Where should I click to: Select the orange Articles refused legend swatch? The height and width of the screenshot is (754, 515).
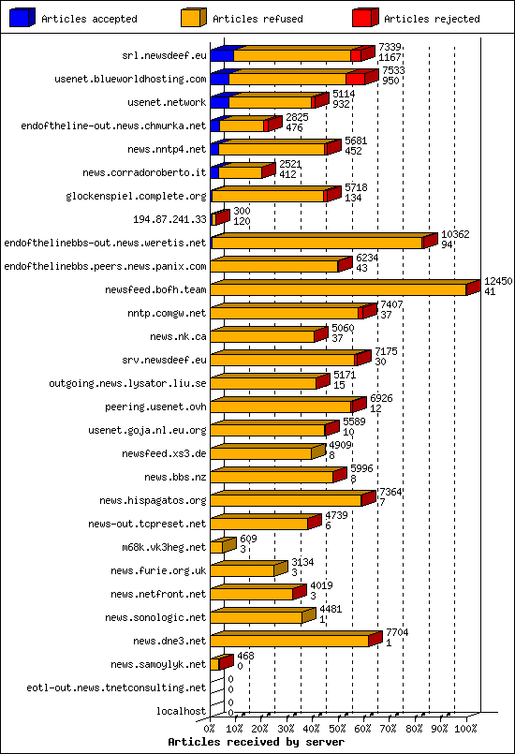pos(193,18)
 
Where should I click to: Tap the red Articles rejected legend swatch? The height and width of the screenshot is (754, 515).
pos(365,18)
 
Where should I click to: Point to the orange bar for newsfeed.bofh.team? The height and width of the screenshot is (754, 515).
pos(337,289)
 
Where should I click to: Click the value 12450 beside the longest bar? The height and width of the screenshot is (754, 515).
pos(498,281)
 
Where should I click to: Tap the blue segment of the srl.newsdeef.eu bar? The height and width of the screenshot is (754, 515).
pos(222,55)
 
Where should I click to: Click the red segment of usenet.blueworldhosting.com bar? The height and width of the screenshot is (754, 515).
pos(356,79)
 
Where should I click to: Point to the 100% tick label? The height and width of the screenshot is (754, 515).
pos(465,727)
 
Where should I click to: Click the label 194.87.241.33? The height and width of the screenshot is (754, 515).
pos(170,219)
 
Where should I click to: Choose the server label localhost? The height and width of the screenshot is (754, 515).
pos(182,711)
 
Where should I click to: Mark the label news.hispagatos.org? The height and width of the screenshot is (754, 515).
pos(153,500)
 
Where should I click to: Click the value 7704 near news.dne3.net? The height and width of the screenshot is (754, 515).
pos(397,632)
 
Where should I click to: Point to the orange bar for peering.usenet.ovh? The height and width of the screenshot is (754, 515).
pos(281,407)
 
